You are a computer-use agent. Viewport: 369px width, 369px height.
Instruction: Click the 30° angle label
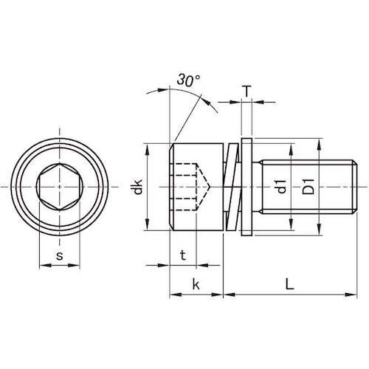[x=188, y=80]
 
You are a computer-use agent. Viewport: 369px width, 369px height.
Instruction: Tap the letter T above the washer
[x=246, y=92]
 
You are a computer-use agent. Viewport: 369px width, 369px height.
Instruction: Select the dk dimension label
[x=138, y=187]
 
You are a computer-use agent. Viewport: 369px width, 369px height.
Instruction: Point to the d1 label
[x=282, y=187]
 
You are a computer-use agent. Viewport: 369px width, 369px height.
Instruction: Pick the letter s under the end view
[x=60, y=256]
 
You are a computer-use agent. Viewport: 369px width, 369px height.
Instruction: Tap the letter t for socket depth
[x=183, y=255]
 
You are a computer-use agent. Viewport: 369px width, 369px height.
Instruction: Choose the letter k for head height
[x=196, y=285]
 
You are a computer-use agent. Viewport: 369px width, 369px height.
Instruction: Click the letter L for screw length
[x=289, y=284]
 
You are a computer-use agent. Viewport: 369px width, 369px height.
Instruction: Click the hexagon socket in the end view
[x=60, y=187]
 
